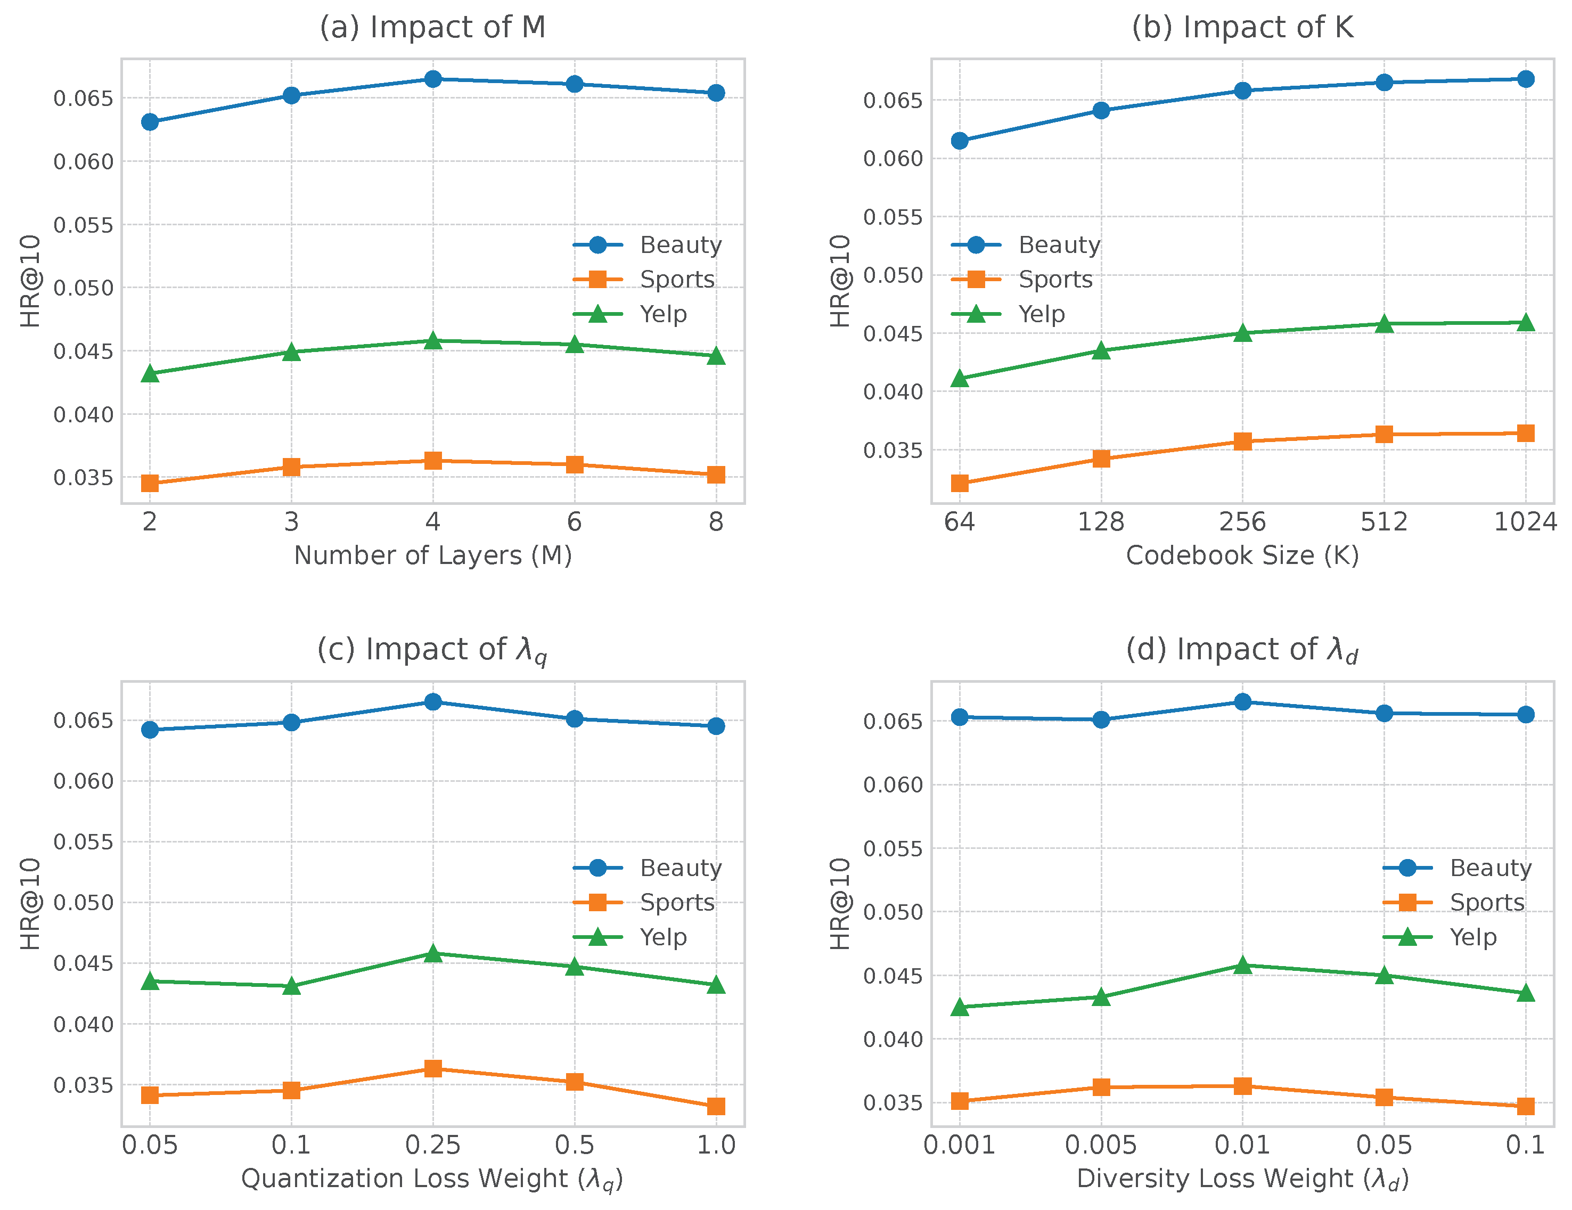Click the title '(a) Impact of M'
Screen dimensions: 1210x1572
coord(432,27)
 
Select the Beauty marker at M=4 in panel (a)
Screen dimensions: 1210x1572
coord(432,79)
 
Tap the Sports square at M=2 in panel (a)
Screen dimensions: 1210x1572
coord(150,483)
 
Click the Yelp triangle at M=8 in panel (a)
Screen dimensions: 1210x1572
coord(716,356)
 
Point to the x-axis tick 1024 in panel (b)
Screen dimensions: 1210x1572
coord(1525,522)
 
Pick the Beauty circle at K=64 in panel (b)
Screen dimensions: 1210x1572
coord(960,141)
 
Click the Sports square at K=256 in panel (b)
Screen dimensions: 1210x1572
coord(1242,442)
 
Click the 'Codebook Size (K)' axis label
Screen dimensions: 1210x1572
coord(1242,555)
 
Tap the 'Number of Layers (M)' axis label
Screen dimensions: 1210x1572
coord(432,555)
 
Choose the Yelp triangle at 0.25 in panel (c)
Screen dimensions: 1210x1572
coord(432,954)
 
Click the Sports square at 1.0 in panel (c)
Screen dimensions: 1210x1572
coord(716,1106)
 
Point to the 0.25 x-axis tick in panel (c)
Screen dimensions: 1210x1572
coord(432,1145)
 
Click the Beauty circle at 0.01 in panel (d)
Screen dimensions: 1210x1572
coord(1242,702)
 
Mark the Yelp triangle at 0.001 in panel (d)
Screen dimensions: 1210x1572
coord(960,1008)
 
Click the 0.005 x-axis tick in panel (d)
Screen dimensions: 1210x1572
coord(1101,1145)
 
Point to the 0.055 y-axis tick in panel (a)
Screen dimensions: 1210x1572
coord(84,225)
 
